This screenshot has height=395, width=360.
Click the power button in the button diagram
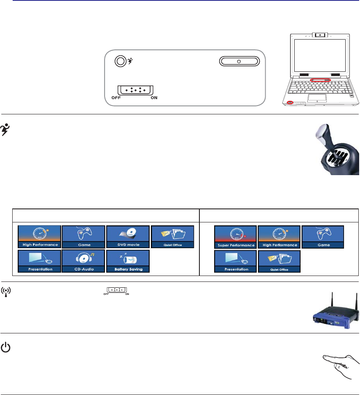239,61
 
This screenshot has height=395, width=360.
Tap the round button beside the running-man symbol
121,61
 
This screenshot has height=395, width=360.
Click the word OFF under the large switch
116,97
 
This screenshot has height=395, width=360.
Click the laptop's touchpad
318,98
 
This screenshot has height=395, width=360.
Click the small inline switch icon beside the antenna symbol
116,291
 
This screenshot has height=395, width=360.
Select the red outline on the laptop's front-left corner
290,103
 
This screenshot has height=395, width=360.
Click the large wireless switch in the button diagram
135,90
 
